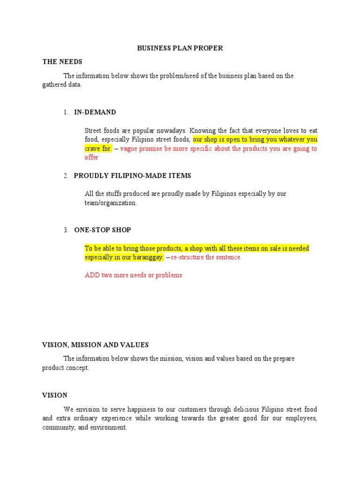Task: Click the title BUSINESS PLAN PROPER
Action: click(x=180, y=48)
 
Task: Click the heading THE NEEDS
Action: click(x=62, y=62)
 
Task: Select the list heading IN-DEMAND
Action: click(x=95, y=112)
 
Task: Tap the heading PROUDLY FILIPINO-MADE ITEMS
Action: click(x=133, y=176)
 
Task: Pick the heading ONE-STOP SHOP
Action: click(x=103, y=230)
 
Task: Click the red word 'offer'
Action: click(x=91, y=157)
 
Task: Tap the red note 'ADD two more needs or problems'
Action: click(x=133, y=275)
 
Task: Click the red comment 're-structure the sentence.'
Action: click(x=206, y=257)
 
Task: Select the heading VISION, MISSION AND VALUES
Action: click(x=96, y=345)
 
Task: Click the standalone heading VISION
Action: click(x=55, y=395)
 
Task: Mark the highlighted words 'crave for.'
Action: click(x=98, y=149)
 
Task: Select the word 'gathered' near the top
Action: click(x=55, y=85)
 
